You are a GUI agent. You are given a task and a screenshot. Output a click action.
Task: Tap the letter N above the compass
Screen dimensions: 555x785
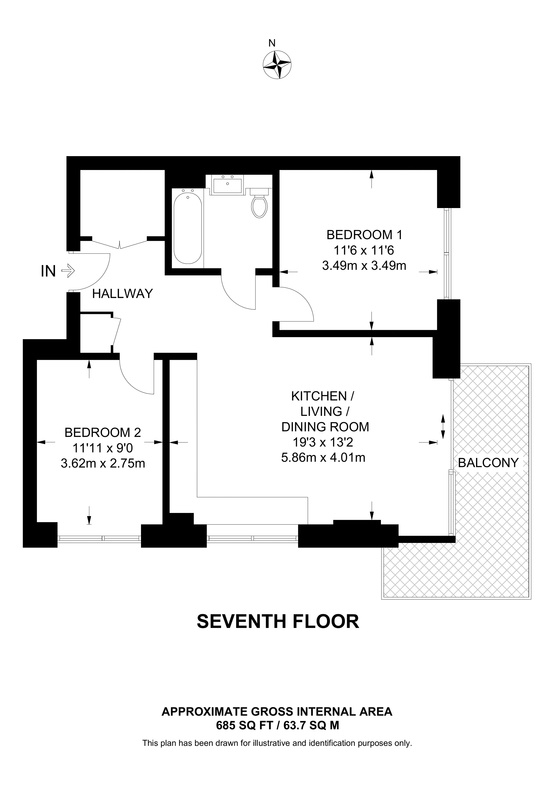tap(272, 43)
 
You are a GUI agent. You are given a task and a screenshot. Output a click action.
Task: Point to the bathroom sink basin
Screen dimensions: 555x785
tap(227, 185)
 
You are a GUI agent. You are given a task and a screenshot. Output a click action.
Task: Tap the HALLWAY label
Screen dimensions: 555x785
tap(122, 294)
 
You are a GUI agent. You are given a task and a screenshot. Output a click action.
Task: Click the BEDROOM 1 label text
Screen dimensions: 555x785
tap(365, 235)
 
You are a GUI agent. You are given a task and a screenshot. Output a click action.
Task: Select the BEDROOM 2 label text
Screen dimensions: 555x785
tap(103, 433)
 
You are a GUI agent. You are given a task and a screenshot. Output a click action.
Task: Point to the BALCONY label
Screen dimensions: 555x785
tap(488, 463)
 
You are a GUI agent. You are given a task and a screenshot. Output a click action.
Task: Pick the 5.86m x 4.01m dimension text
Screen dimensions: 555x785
tap(323, 457)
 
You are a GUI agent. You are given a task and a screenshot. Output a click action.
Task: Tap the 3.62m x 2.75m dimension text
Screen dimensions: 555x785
tap(103, 464)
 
